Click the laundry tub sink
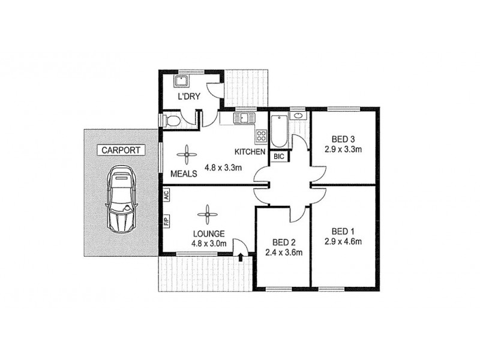click(181, 81)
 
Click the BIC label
click(279, 157)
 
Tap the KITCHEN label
click(250, 152)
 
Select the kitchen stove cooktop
click(261, 136)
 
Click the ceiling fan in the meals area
click(187, 155)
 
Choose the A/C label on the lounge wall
click(166, 196)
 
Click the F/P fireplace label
click(166, 221)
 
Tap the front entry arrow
click(241, 257)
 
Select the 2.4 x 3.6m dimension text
click(283, 253)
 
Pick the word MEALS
click(184, 173)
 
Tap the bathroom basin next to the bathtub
click(298, 115)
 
